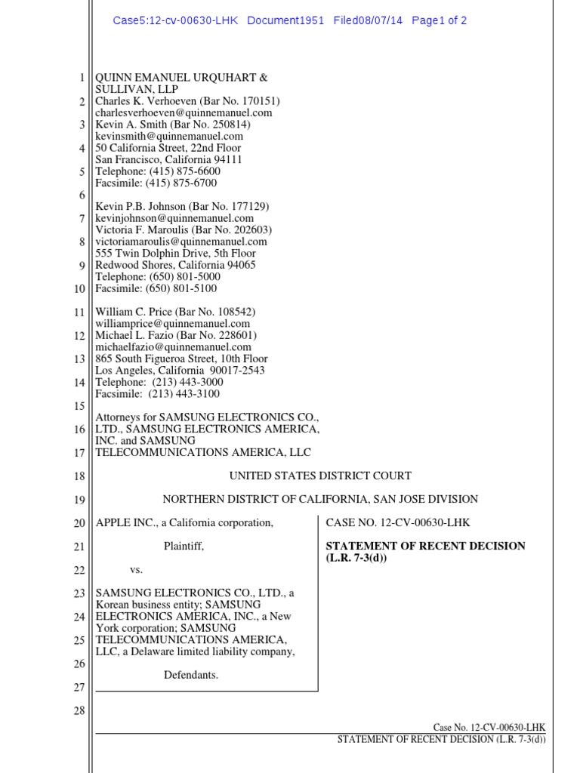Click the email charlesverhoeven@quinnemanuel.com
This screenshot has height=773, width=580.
(184, 112)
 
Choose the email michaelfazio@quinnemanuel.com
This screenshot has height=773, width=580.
(173, 347)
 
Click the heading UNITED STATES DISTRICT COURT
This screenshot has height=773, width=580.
(320, 476)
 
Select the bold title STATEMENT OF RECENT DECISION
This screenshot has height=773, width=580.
(425, 546)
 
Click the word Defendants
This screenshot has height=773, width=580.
(191, 675)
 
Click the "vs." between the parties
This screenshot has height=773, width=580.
(136, 569)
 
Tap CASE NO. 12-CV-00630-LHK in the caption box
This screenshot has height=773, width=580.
(398, 522)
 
